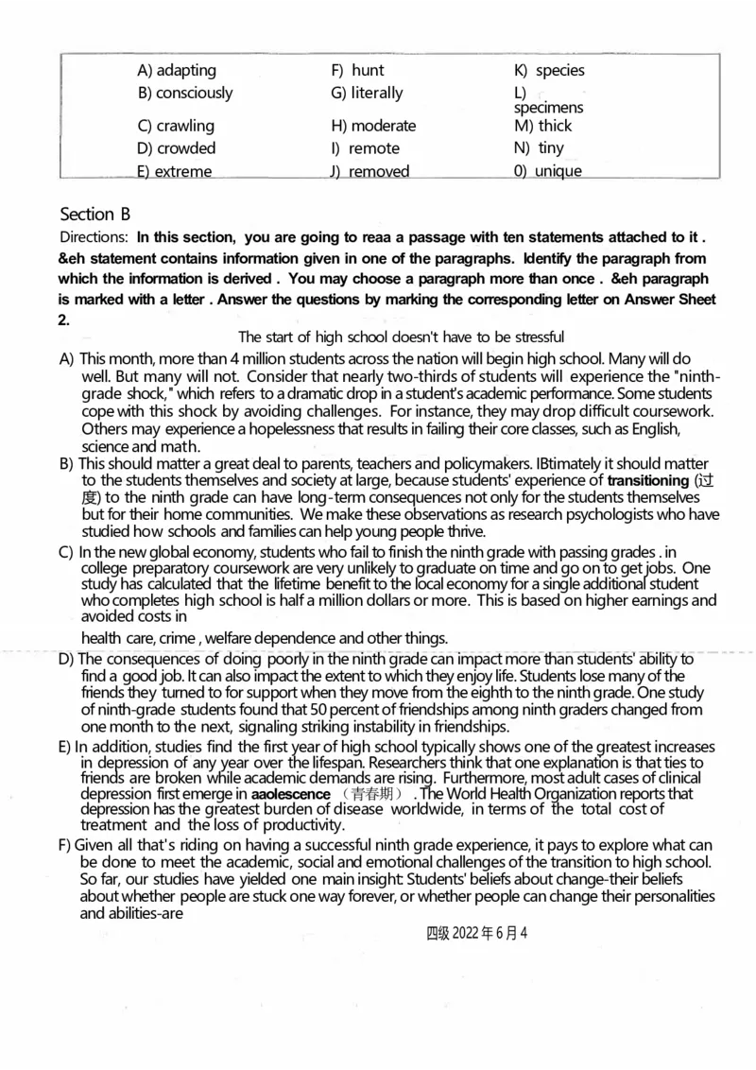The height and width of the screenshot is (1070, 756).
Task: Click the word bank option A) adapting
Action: (177, 70)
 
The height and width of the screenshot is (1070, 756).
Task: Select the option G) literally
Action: (367, 93)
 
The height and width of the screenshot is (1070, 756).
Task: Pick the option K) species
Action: (549, 70)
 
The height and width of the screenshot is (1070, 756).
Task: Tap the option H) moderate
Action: (373, 126)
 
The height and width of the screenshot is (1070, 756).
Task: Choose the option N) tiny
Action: (539, 148)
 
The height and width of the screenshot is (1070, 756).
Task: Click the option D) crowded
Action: (177, 148)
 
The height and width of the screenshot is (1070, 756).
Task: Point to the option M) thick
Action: (543, 126)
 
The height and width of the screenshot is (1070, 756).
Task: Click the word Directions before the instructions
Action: (94, 237)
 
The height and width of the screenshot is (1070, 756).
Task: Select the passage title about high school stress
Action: (401, 337)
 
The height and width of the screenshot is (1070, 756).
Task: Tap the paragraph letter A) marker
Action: (66, 359)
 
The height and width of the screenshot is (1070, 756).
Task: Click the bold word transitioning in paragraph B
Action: (648, 480)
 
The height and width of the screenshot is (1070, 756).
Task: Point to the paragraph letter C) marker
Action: (66, 551)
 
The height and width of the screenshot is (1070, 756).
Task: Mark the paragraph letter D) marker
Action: (66, 659)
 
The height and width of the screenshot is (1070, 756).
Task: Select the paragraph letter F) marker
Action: (66, 845)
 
